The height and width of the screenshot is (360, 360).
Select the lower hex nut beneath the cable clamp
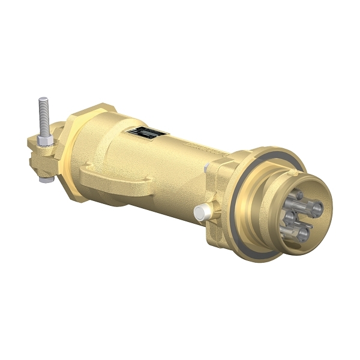click(x=44, y=178)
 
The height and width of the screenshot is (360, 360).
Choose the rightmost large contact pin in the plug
click(x=316, y=208)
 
